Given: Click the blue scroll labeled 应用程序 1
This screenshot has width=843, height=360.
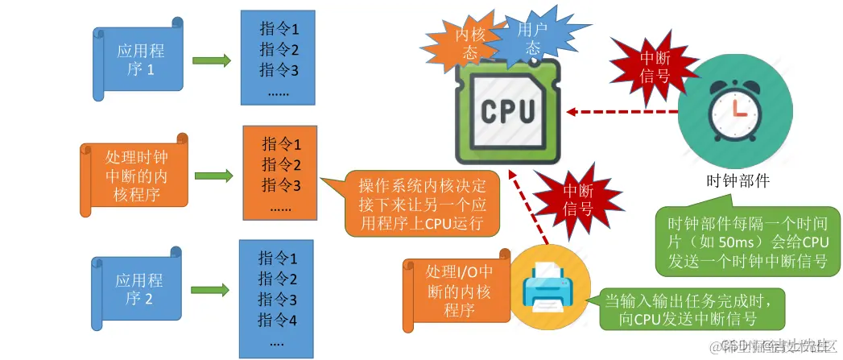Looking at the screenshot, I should click(x=134, y=59).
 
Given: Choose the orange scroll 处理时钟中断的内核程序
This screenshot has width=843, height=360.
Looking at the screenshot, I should click(x=134, y=172).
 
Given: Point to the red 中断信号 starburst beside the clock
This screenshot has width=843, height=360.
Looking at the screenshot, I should click(x=653, y=67).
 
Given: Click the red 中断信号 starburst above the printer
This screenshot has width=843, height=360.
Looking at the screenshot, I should click(x=577, y=200).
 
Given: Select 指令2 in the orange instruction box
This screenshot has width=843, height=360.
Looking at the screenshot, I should click(x=281, y=166).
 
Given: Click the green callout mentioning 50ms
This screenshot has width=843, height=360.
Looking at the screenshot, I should click(x=742, y=239).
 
